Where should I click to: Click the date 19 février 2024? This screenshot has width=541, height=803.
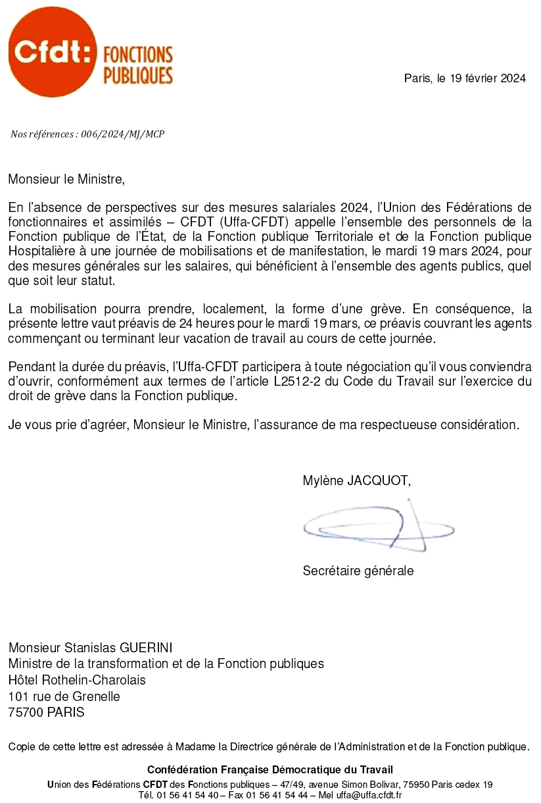(488, 78)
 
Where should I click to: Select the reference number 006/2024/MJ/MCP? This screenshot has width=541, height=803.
(122, 134)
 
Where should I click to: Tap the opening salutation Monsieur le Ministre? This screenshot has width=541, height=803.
(66, 178)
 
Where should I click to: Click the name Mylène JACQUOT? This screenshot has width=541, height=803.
(356, 481)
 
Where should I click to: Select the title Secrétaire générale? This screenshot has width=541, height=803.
(358, 571)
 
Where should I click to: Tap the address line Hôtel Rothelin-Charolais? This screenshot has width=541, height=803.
(77, 680)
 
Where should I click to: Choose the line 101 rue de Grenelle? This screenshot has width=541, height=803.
(64, 696)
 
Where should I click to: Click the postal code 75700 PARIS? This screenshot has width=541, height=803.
(46, 712)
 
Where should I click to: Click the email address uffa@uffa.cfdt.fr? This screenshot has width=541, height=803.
(369, 794)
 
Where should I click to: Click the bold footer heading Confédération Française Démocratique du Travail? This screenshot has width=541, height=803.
(270, 769)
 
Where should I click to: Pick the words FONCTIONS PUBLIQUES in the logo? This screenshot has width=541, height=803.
(138, 65)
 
